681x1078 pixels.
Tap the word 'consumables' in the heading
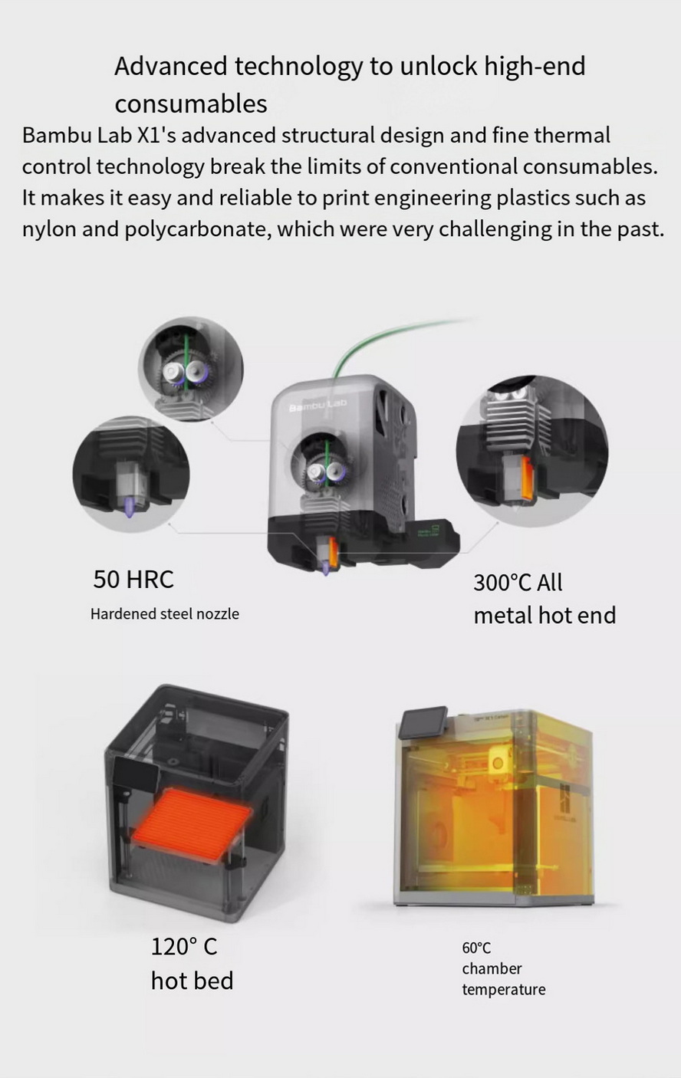[191, 104]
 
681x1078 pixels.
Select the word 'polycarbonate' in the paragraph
[196, 229]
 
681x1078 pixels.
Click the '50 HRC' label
[133, 579]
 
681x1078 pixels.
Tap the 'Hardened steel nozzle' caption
[165, 613]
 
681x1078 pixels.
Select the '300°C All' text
[518, 582]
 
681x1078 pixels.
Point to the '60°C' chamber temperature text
[476, 948]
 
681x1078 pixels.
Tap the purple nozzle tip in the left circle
[130, 508]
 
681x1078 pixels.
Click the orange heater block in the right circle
[525, 478]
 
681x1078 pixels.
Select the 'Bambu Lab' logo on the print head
[317, 406]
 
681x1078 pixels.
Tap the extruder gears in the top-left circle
[185, 373]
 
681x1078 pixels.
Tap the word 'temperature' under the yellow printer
[504, 990]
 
